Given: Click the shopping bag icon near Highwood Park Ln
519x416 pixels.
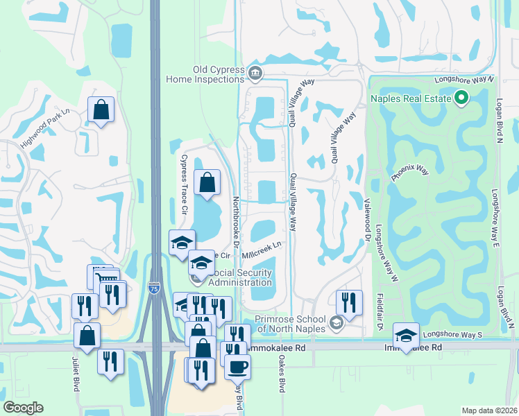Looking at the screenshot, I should tap(101, 109).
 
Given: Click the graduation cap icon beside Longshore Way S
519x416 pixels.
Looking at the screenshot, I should tap(405, 336).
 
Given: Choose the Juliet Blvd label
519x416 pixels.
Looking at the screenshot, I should tap(75, 374).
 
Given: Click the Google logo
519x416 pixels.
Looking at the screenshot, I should tap(24, 408).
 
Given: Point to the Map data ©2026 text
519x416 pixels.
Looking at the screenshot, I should tap(488, 410).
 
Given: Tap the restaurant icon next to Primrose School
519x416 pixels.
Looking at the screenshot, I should tap(348, 302).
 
